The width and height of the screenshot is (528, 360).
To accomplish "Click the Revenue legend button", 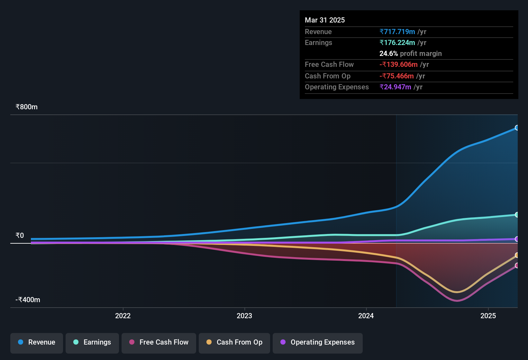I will pos(37,342).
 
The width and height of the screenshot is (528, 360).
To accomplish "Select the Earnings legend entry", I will pos(92,342).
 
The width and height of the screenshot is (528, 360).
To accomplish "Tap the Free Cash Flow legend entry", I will pos(159,342).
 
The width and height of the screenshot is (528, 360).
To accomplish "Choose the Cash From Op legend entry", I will pos(234,342).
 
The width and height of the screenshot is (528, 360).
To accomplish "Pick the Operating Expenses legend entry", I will pos(318,342).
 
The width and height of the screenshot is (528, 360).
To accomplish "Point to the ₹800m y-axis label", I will pos(26,107).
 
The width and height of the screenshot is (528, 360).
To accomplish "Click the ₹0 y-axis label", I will pos(20,236).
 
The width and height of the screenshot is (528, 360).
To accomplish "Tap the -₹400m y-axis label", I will pos(28,300).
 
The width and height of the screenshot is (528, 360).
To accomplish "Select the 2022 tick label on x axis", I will pos(123,316).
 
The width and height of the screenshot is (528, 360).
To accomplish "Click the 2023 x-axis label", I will pos(244,316).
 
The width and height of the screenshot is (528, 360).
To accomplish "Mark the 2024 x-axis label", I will pos(366,316).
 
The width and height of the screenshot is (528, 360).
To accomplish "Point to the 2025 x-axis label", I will pos(488,316).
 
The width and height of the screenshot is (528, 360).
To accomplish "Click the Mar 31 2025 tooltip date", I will pos(325,20).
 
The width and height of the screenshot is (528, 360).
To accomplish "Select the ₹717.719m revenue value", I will pos(397,32).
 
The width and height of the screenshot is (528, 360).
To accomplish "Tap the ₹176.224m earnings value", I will pos(397,43).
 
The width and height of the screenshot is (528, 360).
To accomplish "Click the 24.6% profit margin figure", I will pos(388,54).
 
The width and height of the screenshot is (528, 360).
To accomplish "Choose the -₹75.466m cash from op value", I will pos(396,76).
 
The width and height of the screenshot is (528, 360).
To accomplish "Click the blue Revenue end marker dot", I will pos(517,128).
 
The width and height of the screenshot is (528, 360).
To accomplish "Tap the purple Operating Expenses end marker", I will pos(517,239).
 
